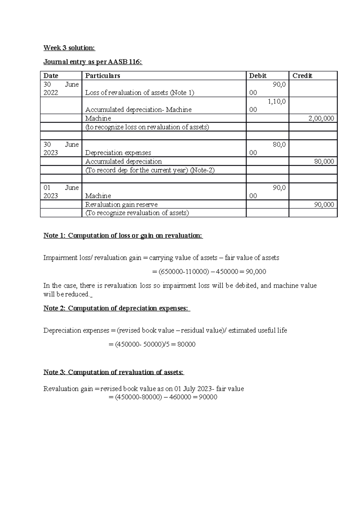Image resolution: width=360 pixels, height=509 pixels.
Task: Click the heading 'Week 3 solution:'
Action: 69,48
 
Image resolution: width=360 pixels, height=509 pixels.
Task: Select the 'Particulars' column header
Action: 103,76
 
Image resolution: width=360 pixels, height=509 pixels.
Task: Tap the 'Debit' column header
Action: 258,76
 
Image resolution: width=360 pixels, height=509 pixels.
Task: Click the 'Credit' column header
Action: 302,76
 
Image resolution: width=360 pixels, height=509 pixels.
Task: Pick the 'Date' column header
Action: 51,76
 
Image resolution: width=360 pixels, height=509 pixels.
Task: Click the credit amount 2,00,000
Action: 321,118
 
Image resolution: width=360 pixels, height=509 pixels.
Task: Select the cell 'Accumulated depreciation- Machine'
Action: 138,110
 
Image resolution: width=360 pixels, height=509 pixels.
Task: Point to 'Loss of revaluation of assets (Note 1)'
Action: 139,93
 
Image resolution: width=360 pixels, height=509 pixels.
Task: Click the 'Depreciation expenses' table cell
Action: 118,153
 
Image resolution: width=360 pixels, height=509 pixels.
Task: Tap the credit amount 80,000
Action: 324,162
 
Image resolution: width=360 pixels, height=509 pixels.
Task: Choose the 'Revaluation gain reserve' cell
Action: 121,205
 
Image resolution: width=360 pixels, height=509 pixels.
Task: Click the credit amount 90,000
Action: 324,205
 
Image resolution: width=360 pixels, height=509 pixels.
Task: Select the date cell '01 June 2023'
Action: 61,192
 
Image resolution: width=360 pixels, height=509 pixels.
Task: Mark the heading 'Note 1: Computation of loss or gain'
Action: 123,236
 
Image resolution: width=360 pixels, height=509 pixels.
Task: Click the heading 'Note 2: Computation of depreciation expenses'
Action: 117,308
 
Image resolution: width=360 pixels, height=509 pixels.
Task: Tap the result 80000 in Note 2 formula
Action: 186,344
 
